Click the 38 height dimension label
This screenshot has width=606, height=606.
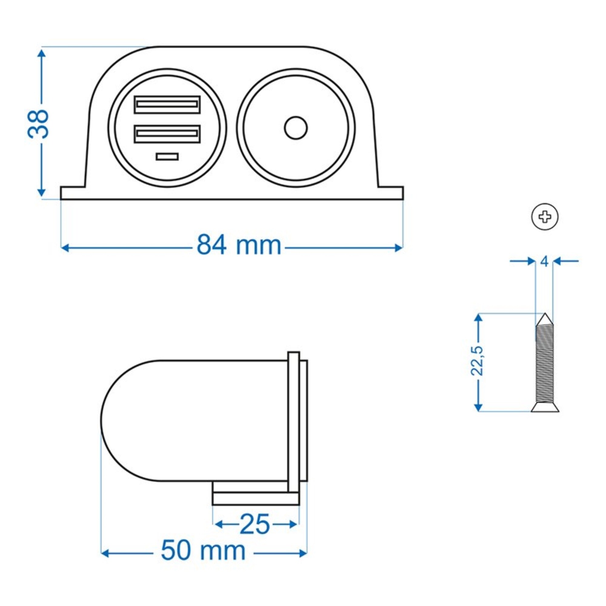pyautogui.click(x=38, y=124)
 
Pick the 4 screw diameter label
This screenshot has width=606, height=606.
pyautogui.click(x=544, y=261)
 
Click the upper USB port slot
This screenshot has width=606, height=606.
pyautogui.click(x=167, y=104)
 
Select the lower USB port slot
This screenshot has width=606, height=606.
pyautogui.click(x=167, y=134)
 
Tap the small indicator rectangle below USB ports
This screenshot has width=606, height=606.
pyautogui.click(x=167, y=157)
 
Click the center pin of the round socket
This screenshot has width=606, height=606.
pyautogui.click(x=295, y=128)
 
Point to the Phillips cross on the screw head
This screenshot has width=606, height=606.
pyautogui.click(x=545, y=216)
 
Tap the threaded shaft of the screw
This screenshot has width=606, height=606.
pyautogui.click(x=545, y=364)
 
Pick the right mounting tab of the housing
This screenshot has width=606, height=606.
pyautogui.click(x=391, y=193)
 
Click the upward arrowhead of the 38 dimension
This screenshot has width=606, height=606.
pyautogui.click(x=42, y=54)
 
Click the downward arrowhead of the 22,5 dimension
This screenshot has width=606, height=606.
pyautogui.click(x=478, y=407)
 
